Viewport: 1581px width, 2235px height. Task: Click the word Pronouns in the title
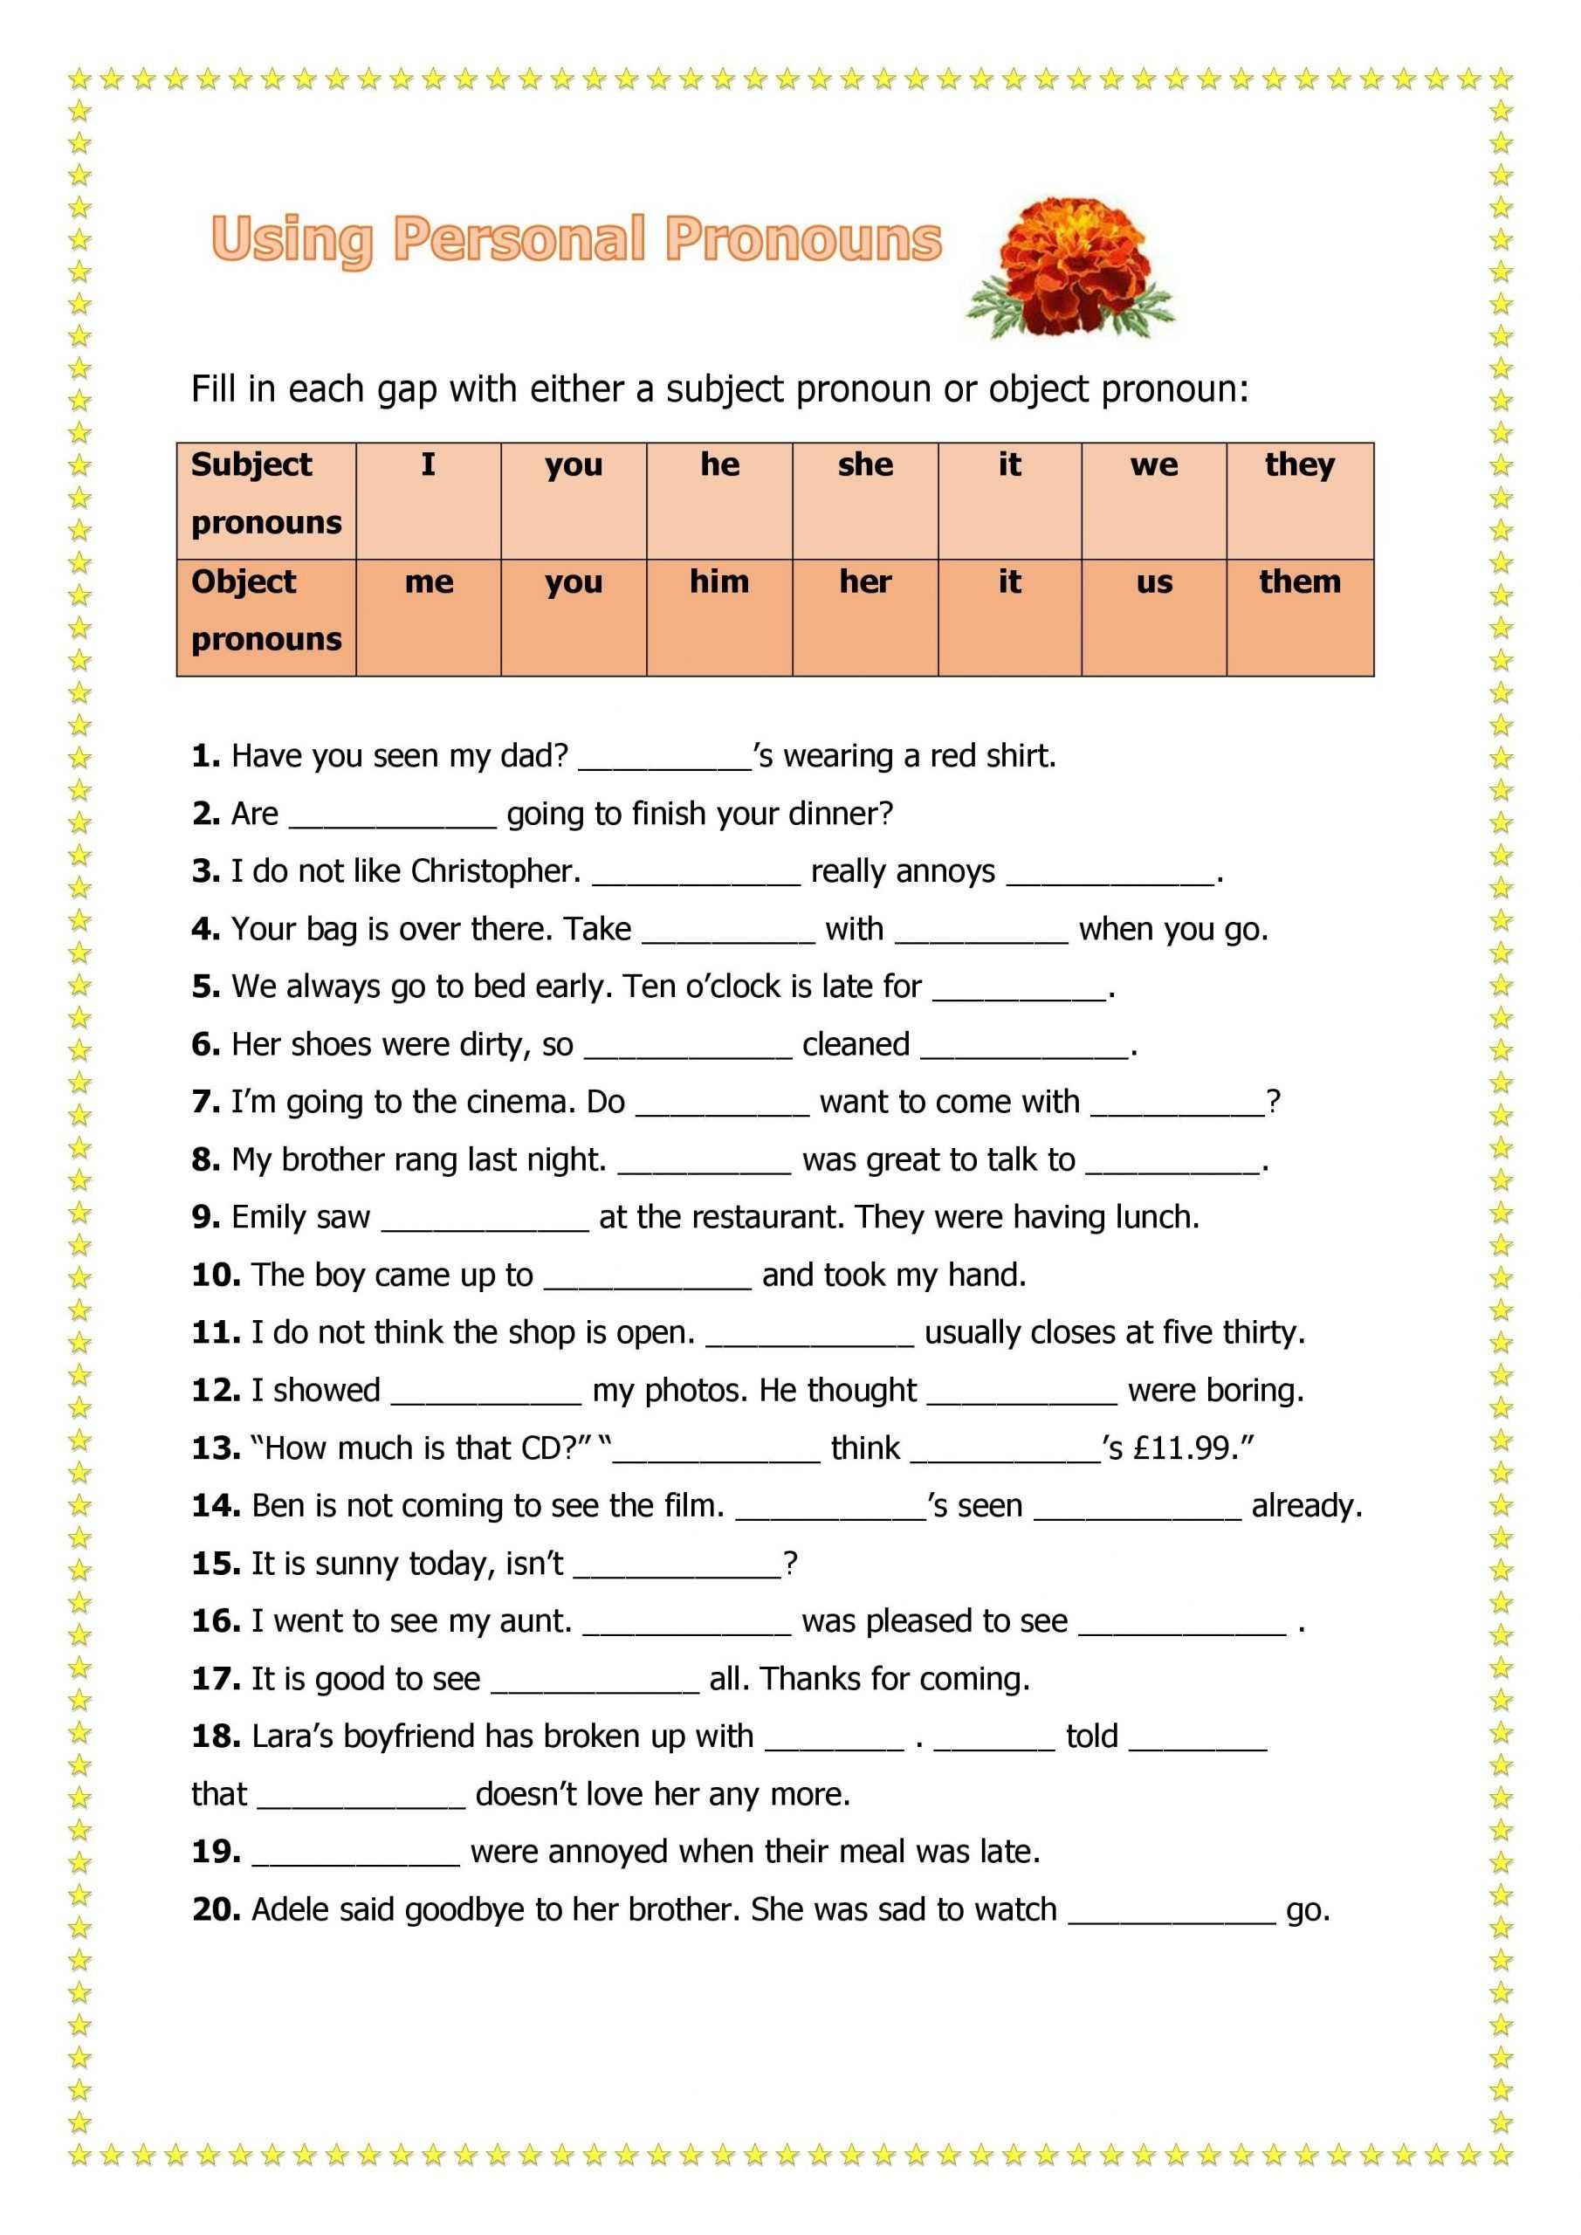[803, 239]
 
